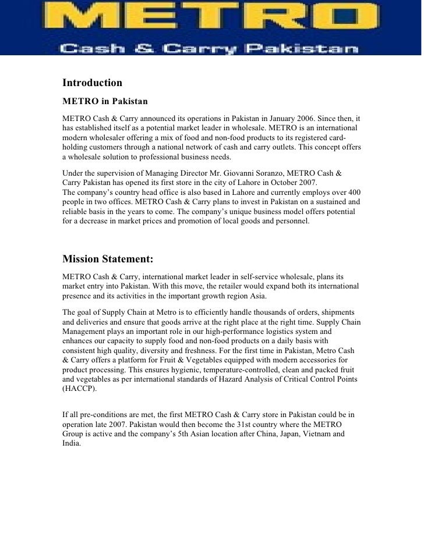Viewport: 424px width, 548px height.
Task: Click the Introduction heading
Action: (x=92, y=83)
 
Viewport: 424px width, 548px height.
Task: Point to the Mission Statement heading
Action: (x=108, y=259)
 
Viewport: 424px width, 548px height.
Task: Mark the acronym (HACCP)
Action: (x=80, y=389)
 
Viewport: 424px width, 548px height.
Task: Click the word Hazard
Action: (x=221, y=379)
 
